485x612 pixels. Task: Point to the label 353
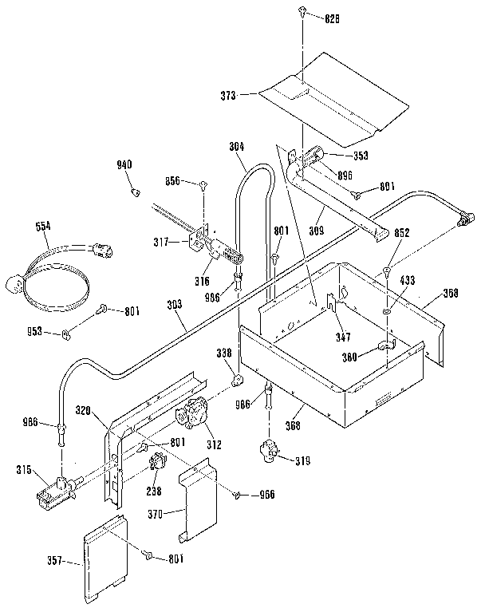click(361, 155)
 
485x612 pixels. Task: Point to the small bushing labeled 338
click(237, 376)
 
